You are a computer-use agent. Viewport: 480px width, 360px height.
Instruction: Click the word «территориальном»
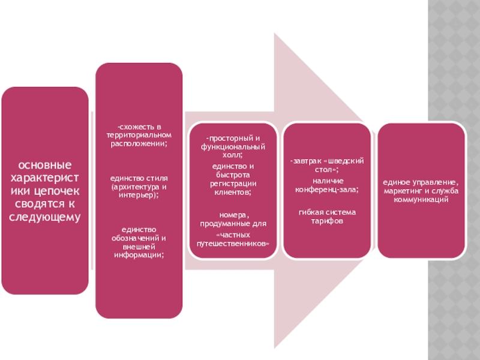(x=139, y=136)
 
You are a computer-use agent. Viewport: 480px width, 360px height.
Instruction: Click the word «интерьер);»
(x=139, y=196)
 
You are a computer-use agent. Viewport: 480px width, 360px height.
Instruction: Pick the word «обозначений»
(x=139, y=238)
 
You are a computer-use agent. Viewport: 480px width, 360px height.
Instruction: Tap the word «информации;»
(x=139, y=254)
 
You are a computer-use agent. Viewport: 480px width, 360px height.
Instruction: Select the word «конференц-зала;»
(x=328, y=189)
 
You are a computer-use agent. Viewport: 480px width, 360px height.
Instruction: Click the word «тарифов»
(x=328, y=221)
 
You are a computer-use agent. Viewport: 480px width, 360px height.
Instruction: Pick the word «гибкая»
(x=311, y=212)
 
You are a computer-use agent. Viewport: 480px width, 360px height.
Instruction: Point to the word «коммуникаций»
(x=422, y=199)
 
